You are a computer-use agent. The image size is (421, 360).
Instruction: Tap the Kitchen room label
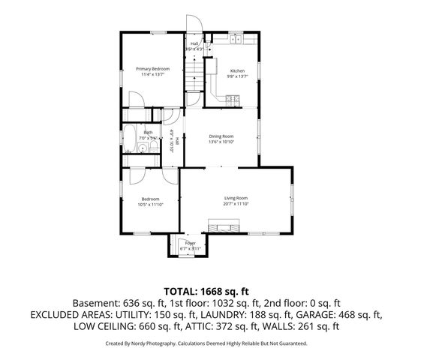click(237, 70)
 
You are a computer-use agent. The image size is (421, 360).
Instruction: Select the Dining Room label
click(221, 136)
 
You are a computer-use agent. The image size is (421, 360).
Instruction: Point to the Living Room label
click(236, 197)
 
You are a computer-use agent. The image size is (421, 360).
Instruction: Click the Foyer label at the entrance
click(191, 243)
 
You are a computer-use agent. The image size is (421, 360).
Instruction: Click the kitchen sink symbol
click(236, 39)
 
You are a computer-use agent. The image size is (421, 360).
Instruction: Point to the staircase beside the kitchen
click(194, 76)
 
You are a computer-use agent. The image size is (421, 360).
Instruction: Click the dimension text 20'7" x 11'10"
click(236, 203)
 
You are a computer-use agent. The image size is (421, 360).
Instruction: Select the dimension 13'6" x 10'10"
click(221, 142)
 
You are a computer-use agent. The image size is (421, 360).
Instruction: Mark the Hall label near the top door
click(194, 44)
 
